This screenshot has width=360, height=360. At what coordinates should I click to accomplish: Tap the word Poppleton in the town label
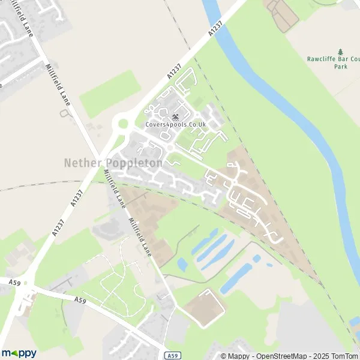pos(135,163)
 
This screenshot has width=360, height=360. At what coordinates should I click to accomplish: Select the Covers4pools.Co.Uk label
pos(175,124)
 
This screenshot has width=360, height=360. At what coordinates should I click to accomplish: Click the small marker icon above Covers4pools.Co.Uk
pos(175,116)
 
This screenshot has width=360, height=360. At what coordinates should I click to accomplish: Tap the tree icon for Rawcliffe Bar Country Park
pos(341,52)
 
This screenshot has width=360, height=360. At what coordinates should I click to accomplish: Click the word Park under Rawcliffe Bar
pos(341,67)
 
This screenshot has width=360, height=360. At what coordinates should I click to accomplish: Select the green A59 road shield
pos(172,355)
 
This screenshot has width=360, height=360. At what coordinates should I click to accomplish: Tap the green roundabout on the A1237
pos(123,124)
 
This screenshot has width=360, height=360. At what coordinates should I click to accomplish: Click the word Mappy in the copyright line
pos(238,356)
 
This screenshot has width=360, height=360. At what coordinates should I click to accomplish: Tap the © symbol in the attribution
pos(223,356)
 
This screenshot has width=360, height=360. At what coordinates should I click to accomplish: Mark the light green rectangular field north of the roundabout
pos(111,93)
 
